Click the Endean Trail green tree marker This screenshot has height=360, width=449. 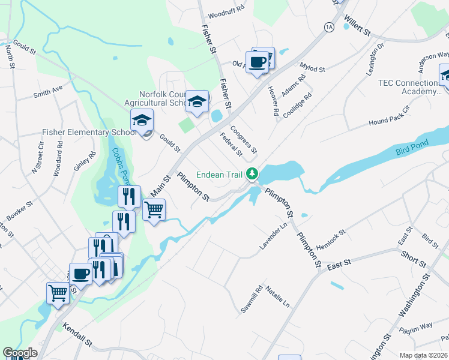(253, 174)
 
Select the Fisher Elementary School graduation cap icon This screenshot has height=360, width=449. (142, 121)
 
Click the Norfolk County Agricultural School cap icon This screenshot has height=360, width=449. (196, 102)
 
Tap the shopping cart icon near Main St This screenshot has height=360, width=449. (154, 210)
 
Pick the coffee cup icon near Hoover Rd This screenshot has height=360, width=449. (257, 62)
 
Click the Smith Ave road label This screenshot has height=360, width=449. (48, 91)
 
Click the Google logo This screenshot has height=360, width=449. (20, 353)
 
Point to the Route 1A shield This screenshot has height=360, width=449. (328, 27)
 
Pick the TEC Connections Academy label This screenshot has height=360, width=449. (408, 87)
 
